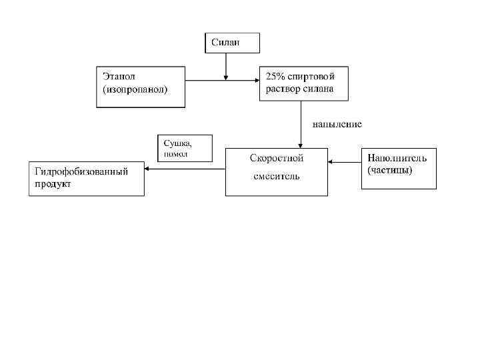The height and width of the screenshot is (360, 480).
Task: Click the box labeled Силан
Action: click(x=231, y=43)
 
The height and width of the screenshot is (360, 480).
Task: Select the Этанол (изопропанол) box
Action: click(x=141, y=86)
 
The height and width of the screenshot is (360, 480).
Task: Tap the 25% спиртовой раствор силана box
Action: click(x=304, y=83)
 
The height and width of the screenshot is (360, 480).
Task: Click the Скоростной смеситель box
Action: click(x=276, y=171)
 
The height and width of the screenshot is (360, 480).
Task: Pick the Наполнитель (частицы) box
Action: click(x=399, y=168)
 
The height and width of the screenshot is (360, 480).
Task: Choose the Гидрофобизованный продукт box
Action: click(x=87, y=178)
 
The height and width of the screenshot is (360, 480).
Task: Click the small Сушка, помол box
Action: click(x=185, y=148)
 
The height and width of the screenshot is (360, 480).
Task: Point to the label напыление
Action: click(x=337, y=124)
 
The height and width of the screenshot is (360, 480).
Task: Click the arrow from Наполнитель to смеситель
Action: click(x=345, y=161)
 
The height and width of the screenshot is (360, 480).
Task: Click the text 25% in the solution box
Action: click(x=276, y=76)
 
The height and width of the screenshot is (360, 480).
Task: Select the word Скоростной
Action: click(x=276, y=159)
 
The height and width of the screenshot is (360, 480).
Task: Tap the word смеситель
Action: click(x=276, y=177)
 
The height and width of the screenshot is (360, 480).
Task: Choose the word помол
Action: click(x=176, y=153)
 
